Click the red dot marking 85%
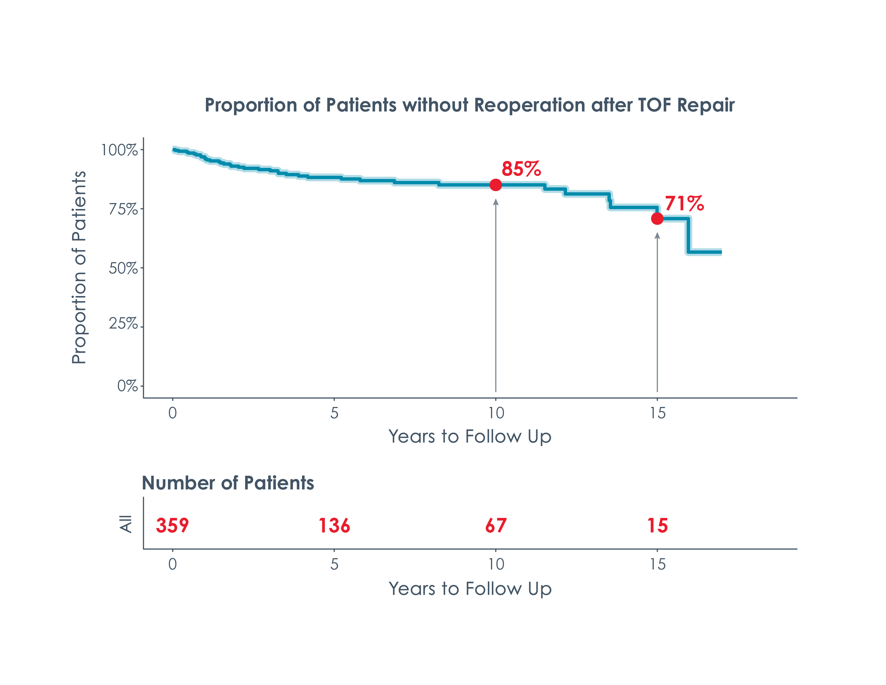[x=495, y=185]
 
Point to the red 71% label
[x=684, y=203]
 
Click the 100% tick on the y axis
[x=119, y=150]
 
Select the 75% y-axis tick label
[x=123, y=210]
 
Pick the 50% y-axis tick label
[x=123, y=268]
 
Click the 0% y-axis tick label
[x=127, y=386]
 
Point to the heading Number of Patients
[x=228, y=483]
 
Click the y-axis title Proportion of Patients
[x=79, y=268]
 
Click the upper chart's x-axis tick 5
[x=334, y=413]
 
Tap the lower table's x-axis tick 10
[x=496, y=564]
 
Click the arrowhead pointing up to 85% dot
[x=495, y=202]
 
